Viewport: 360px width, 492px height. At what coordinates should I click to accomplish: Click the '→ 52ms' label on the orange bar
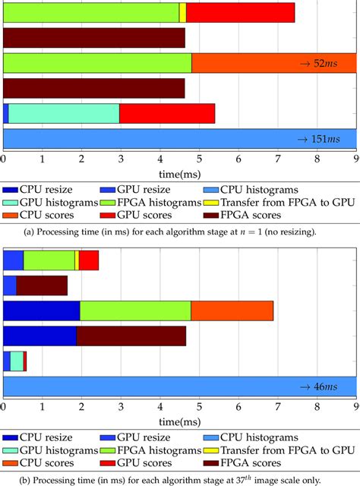pyautogui.click(x=322, y=63)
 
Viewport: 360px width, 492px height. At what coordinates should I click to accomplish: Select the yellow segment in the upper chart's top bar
pyautogui.click(x=182, y=13)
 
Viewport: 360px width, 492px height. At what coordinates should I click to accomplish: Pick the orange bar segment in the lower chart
pyautogui.click(x=232, y=311)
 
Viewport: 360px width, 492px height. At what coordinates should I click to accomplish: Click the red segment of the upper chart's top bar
pyautogui.click(x=240, y=13)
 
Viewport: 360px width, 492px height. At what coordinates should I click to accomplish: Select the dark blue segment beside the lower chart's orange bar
pyautogui.click(x=42, y=311)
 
